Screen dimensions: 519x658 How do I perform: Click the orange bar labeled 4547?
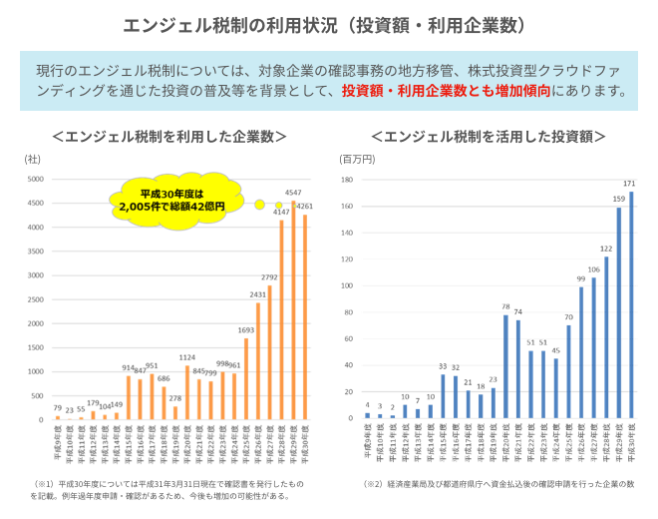[x=293, y=309]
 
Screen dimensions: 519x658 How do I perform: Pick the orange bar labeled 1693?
[x=245, y=378]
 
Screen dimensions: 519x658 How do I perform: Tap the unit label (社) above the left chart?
[x=32, y=159]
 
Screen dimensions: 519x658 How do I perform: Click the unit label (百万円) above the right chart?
[x=358, y=159]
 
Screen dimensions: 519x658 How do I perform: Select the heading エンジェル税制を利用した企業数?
[x=169, y=135]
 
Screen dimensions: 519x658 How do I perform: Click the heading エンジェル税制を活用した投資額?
[x=488, y=135]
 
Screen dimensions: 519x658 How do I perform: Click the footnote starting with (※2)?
[x=499, y=484]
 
